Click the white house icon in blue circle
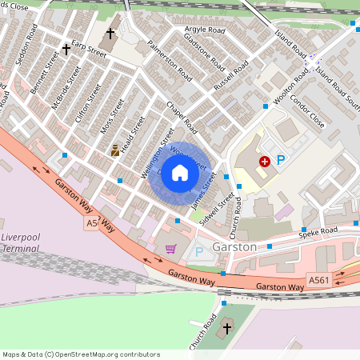(180, 173)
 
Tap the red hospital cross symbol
(264, 161)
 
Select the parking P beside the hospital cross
(281, 161)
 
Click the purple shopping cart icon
(170, 249)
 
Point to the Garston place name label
(235, 247)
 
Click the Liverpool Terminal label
(21, 243)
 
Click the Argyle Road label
(205, 30)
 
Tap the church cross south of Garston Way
(226, 327)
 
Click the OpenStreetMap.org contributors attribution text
(107, 354)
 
